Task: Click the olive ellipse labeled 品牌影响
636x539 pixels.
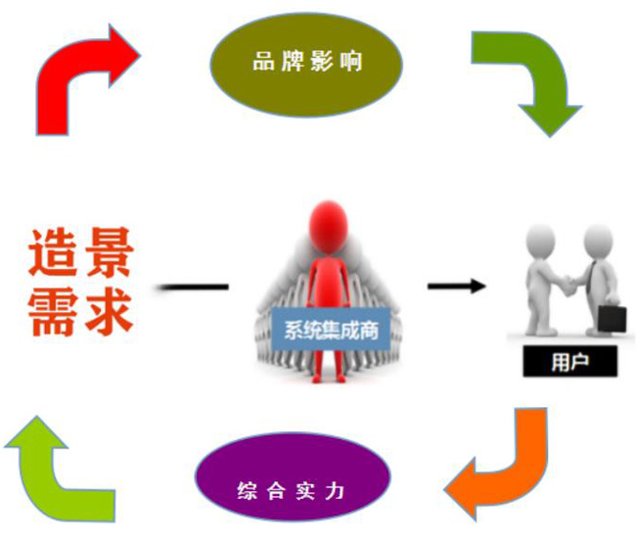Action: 307,62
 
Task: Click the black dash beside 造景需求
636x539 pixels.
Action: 193,287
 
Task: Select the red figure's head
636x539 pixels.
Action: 329,223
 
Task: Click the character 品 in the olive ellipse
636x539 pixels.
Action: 261,62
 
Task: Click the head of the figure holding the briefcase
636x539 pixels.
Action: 598,239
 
